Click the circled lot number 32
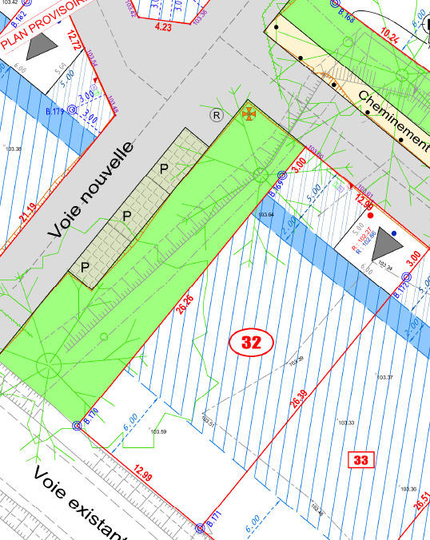point(252,343)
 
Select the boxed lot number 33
point(361,459)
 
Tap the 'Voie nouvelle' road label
point(90,190)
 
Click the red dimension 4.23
point(163,27)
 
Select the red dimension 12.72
point(76,40)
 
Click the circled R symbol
point(215,115)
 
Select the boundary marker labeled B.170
point(78,426)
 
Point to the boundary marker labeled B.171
point(201,528)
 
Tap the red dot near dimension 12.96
point(370,216)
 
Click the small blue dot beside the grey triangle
point(394,234)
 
